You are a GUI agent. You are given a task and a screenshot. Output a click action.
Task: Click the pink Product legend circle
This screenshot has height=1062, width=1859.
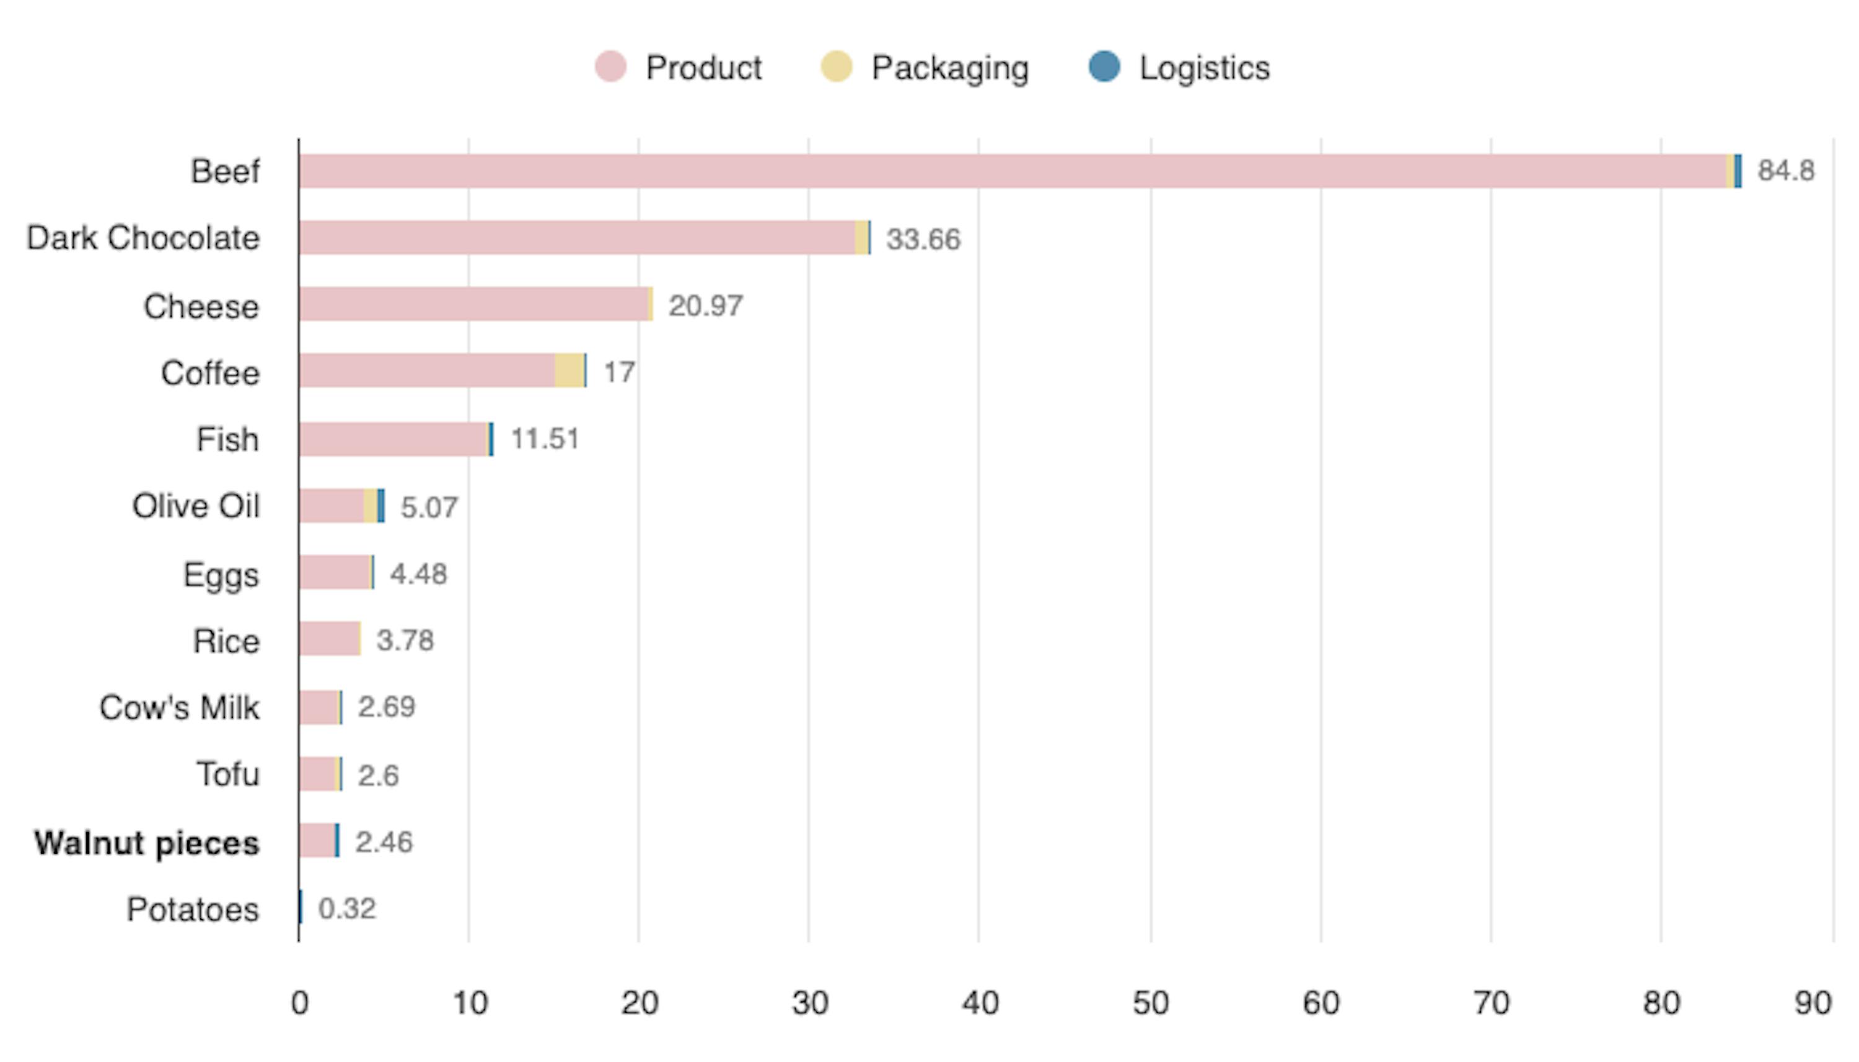(x=610, y=67)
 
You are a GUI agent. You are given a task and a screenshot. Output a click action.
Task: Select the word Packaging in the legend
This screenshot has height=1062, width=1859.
(x=949, y=68)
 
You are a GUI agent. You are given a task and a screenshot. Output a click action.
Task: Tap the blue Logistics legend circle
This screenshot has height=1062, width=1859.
(x=1104, y=66)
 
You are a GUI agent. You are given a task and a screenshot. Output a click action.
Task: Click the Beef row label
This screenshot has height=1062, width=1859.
(x=224, y=172)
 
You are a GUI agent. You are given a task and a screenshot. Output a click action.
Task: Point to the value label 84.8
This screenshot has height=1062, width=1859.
(x=1785, y=170)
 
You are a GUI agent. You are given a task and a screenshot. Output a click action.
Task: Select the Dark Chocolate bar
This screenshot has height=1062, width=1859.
(x=576, y=238)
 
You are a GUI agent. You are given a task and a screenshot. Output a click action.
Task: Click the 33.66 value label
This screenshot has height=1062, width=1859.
(x=923, y=239)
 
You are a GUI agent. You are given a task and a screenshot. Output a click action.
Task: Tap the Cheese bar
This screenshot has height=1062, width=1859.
(x=474, y=304)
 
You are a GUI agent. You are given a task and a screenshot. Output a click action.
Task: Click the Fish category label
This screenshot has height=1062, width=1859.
(x=227, y=440)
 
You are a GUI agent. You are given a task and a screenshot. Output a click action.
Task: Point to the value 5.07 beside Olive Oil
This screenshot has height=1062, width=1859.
(x=429, y=507)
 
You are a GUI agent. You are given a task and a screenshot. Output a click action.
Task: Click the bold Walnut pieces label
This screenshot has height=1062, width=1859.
(x=147, y=843)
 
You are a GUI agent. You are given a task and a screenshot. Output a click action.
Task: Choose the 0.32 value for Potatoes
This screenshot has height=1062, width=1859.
(x=347, y=909)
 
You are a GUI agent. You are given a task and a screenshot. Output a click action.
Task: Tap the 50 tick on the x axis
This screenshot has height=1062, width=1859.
(x=1150, y=1004)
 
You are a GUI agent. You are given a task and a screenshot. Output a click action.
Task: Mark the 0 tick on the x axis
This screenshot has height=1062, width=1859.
(x=299, y=1004)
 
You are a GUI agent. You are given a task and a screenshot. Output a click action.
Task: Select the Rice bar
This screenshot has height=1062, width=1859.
(x=329, y=639)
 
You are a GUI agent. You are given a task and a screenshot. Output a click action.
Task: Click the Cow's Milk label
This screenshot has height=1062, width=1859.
(x=180, y=708)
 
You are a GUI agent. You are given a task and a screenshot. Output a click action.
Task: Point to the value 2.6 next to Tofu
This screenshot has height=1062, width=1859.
(x=378, y=775)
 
